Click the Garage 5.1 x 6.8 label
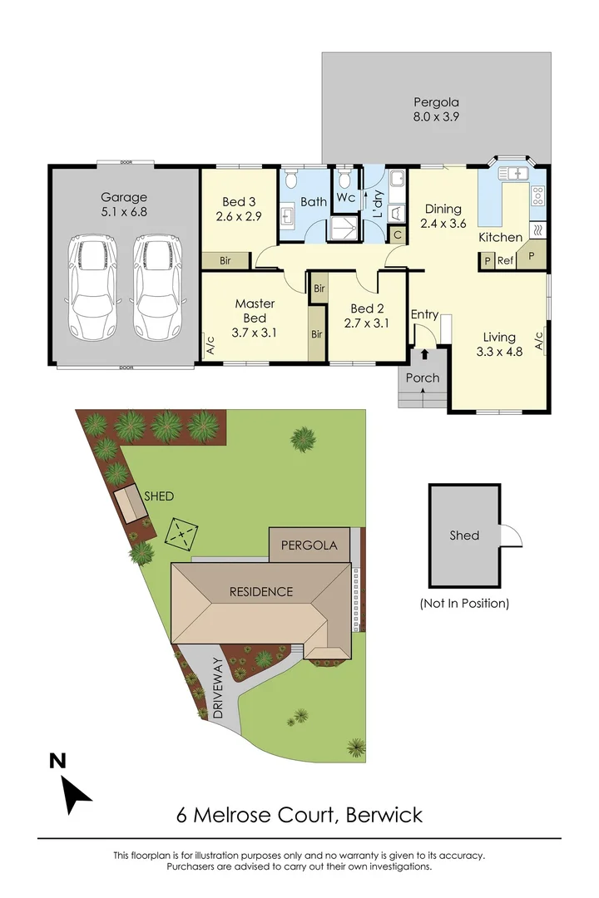click(x=124, y=205)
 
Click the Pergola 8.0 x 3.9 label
click(x=436, y=110)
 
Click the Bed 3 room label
click(x=240, y=209)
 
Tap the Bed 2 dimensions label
click(x=366, y=323)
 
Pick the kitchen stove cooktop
click(x=537, y=196)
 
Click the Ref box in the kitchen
click(x=506, y=260)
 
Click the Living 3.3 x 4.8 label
click(x=500, y=345)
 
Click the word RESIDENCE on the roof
click(x=262, y=592)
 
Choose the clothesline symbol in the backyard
click(x=181, y=533)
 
